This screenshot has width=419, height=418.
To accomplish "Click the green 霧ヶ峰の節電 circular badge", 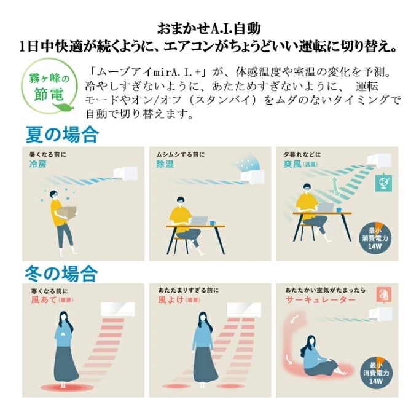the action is click(x=49, y=86).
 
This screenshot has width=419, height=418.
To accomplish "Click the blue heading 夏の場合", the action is click(x=62, y=135).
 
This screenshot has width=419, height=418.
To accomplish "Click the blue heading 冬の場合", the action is click(x=61, y=274).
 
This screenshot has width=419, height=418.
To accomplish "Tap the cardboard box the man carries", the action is click(x=67, y=213).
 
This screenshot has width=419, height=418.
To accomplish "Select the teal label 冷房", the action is click(x=38, y=164).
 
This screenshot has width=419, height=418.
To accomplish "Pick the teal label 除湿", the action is click(x=165, y=164).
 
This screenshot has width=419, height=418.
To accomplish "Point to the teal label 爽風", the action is click(x=292, y=164).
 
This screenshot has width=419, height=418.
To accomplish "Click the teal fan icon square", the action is click(x=383, y=183).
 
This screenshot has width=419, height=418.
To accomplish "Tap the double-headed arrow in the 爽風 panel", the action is click(x=335, y=186).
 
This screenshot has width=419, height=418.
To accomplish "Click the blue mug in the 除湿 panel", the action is click(x=213, y=223).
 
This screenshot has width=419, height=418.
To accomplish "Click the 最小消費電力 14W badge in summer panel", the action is click(x=375, y=237).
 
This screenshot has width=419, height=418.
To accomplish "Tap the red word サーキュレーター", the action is click(x=321, y=299).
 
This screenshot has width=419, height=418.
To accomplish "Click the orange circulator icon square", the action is click(x=384, y=294).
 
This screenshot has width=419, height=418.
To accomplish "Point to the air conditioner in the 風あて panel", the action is click(x=117, y=310).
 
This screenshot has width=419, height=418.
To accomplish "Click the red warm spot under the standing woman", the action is click(x=64, y=387).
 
